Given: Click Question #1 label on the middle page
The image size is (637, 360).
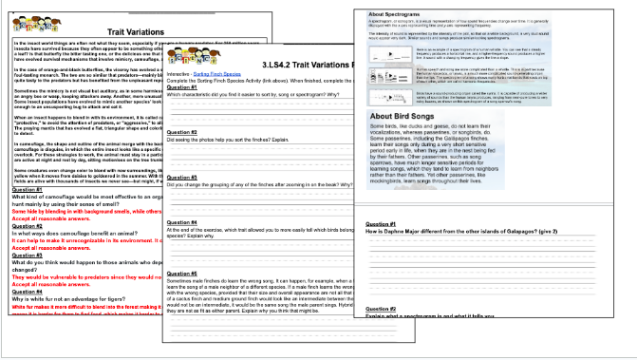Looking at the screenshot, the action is (x=182, y=88).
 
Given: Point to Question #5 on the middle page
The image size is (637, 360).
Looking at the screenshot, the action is (x=182, y=275).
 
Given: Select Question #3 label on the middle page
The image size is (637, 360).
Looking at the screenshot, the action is (x=182, y=177).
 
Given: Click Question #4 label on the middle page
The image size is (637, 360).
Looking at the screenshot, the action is (x=182, y=223).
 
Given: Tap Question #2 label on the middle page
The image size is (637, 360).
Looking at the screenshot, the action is (x=182, y=132).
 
